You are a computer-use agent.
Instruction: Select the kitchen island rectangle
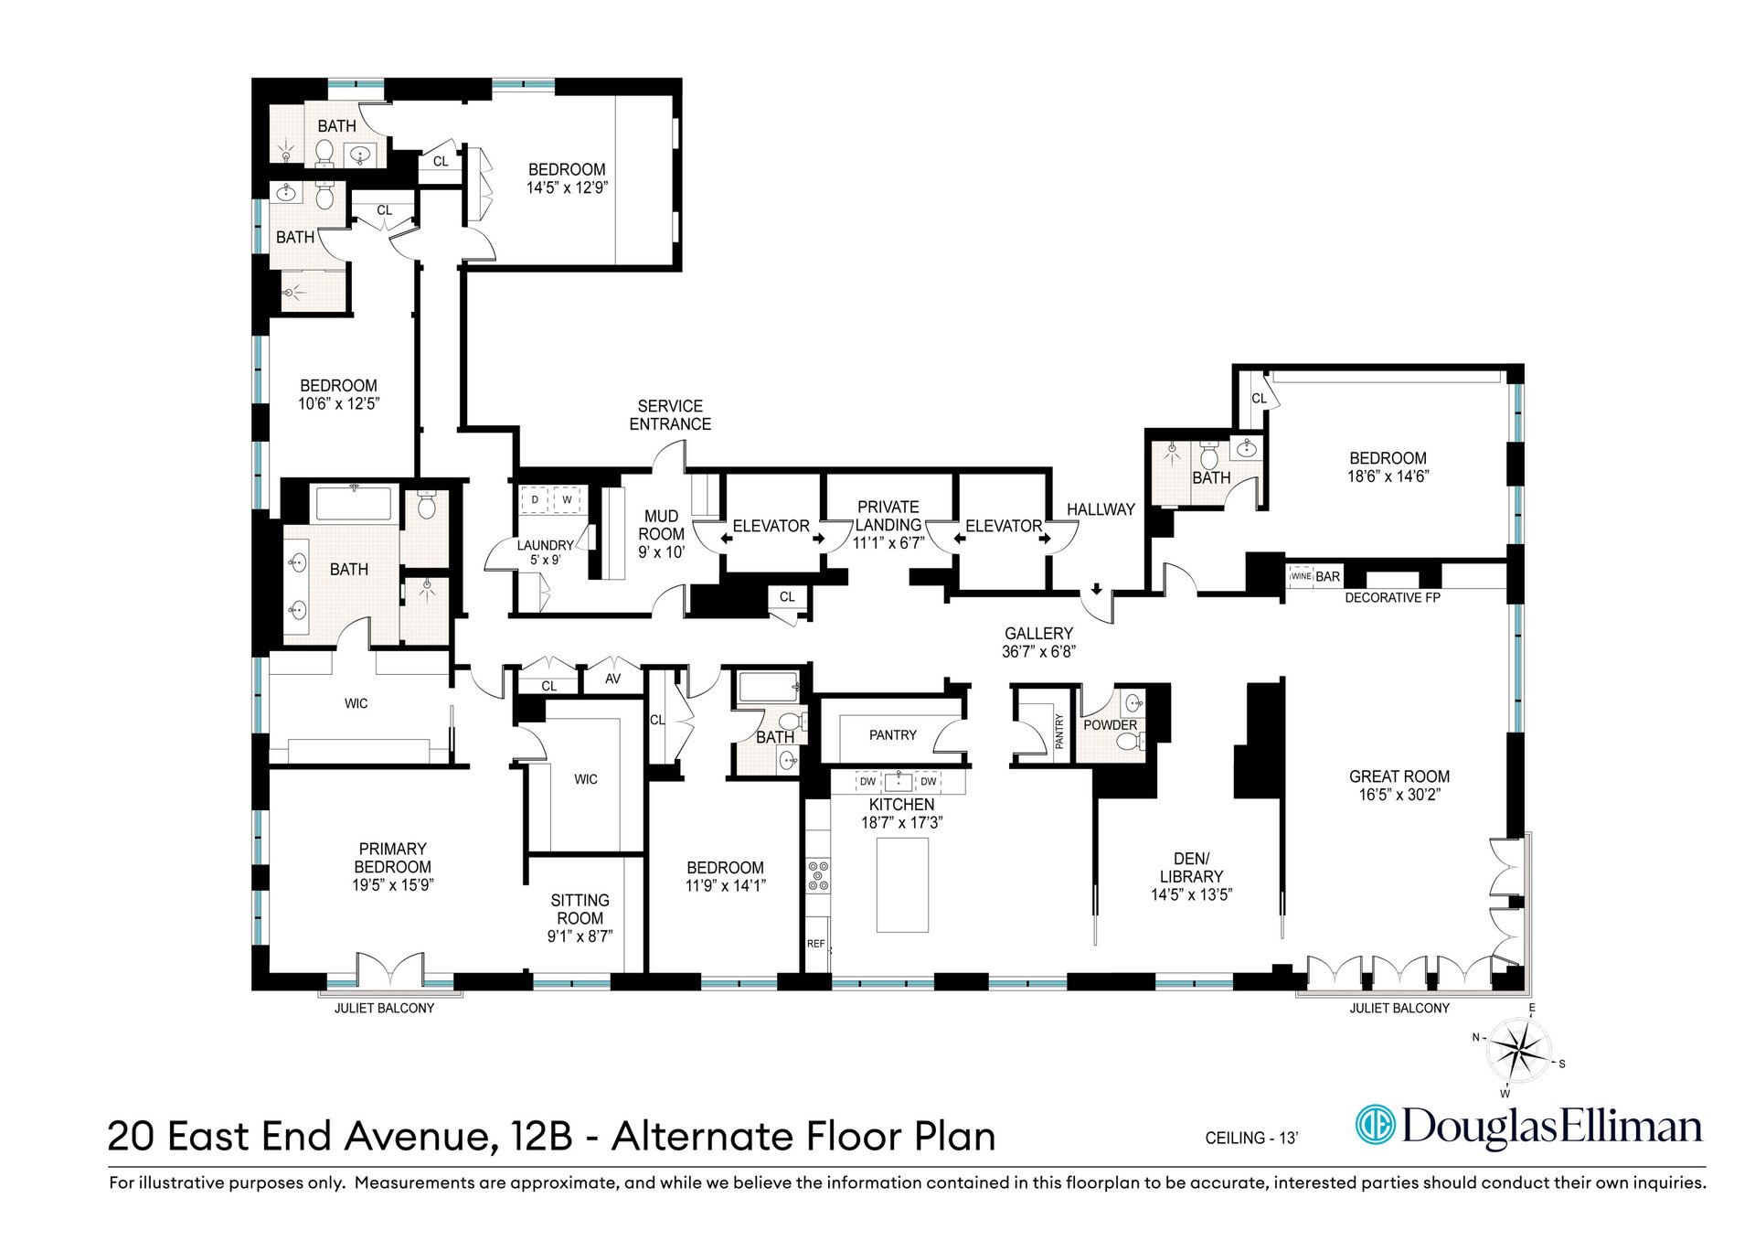pos(902,884)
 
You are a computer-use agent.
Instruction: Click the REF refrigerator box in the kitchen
pos(816,944)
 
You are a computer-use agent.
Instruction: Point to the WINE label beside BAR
pos(1301,576)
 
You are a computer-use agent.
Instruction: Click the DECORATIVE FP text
pos(1392,598)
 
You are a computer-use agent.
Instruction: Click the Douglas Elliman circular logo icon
pos(1375,1126)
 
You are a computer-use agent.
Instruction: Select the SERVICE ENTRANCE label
pos(670,415)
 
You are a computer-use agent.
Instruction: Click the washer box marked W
pos(568,500)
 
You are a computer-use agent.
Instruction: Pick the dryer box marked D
pos(535,500)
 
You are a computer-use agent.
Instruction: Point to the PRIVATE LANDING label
pos(888,515)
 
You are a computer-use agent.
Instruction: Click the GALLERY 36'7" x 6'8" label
pos(1038,642)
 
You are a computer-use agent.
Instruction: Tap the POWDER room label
pos(1111,725)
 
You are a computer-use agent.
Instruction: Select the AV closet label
pos(612,679)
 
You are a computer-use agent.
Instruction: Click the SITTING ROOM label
pos(580,909)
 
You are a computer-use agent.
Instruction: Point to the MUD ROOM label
pos(661,525)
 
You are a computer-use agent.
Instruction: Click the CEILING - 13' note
pos(1251,1139)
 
